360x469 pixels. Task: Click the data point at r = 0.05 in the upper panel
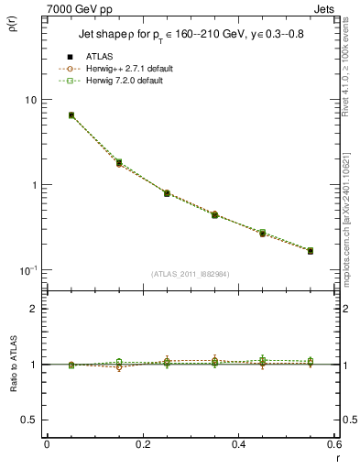click(x=71, y=115)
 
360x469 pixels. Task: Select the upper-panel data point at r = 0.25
click(x=167, y=193)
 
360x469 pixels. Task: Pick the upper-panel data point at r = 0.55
click(x=311, y=250)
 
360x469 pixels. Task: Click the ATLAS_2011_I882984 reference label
click(x=189, y=273)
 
